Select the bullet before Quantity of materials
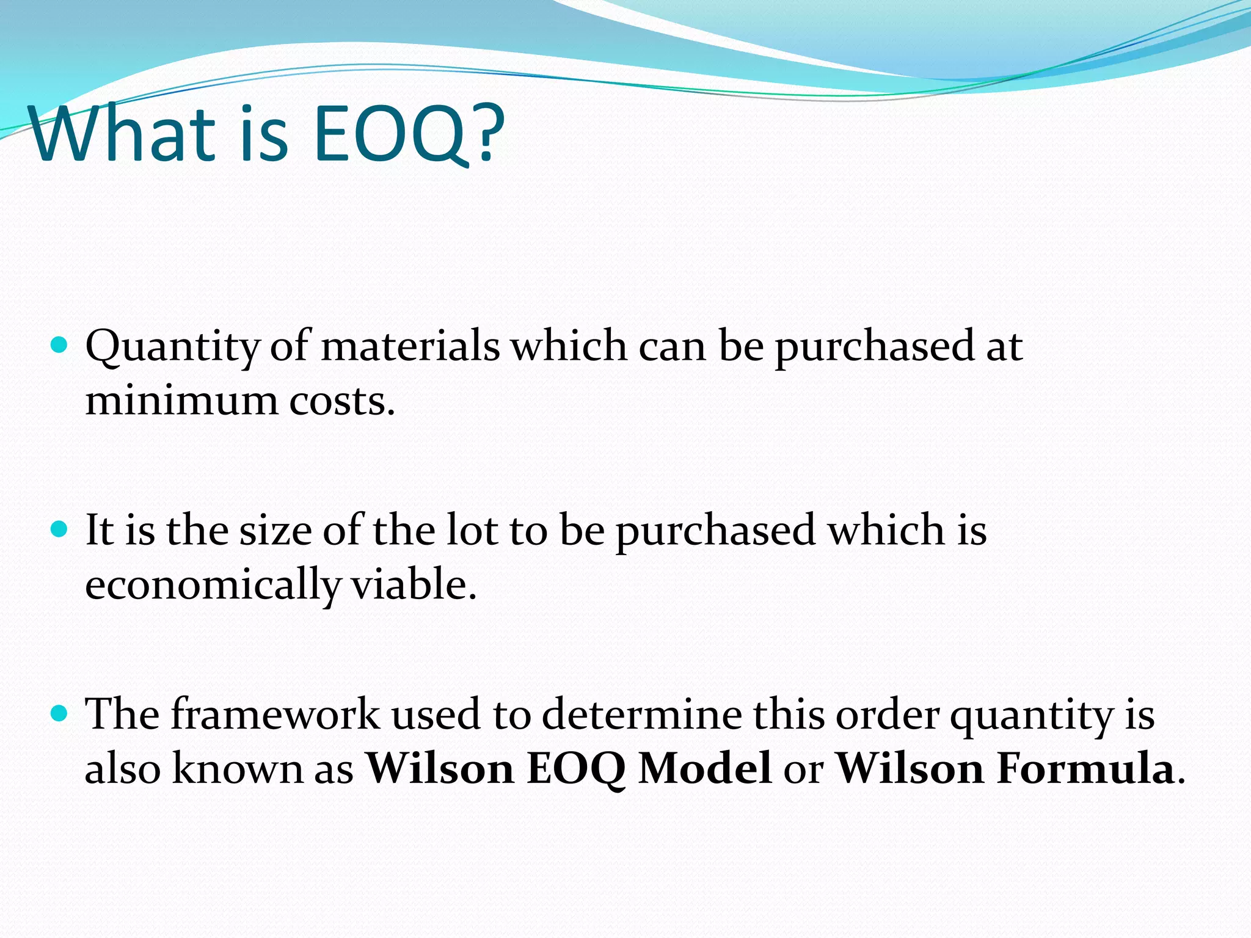click(59, 346)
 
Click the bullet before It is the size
click(59, 529)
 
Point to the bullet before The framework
click(59, 712)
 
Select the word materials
click(410, 347)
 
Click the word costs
click(342, 402)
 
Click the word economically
click(211, 585)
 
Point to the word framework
click(275, 713)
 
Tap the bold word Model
click(704, 768)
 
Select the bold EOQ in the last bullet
click(575, 768)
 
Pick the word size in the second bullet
click(275, 529)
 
